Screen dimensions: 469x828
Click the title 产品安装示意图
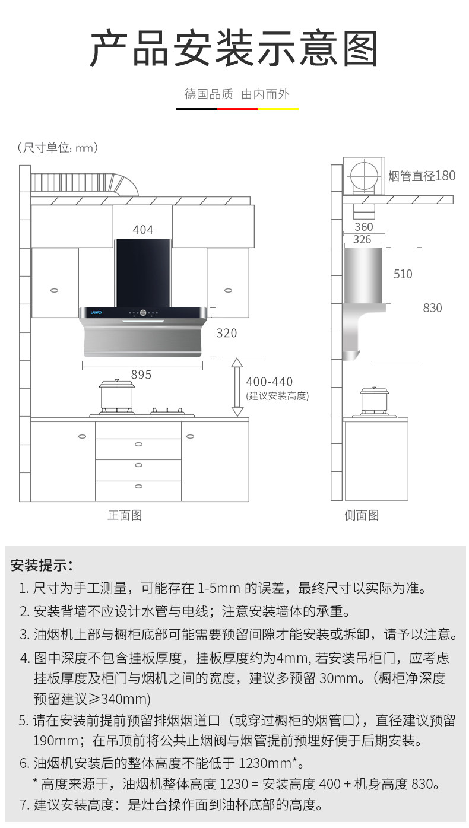pyautogui.click(x=234, y=49)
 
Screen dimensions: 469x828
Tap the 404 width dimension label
pyautogui.click(x=142, y=230)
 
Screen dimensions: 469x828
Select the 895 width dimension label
pyautogui.click(x=141, y=375)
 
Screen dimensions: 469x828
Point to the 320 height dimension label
pyautogui.click(x=226, y=333)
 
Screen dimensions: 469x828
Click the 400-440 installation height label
pyautogui.click(x=269, y=382)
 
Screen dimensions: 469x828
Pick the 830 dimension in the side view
pyautogui.click(x=432, y=307)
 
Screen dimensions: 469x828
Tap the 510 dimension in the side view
pyautogui.click(x=403, y=274)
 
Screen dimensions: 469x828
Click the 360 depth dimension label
pyautogui.click(x=363, y=227)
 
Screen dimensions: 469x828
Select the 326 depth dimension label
pyautogui.click(x=362, y=239)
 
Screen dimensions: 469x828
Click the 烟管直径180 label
pyautogui.click(x=422, y=176)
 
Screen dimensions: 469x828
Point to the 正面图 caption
pyautogui.click(x=125, y=515)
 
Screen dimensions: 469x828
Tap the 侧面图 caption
pyautogui.click(x=362, y=515)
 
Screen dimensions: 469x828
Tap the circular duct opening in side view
pyautogui.click(x=363, y=176)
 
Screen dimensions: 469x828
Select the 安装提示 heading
pyautogui.click(x=42, y=564)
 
